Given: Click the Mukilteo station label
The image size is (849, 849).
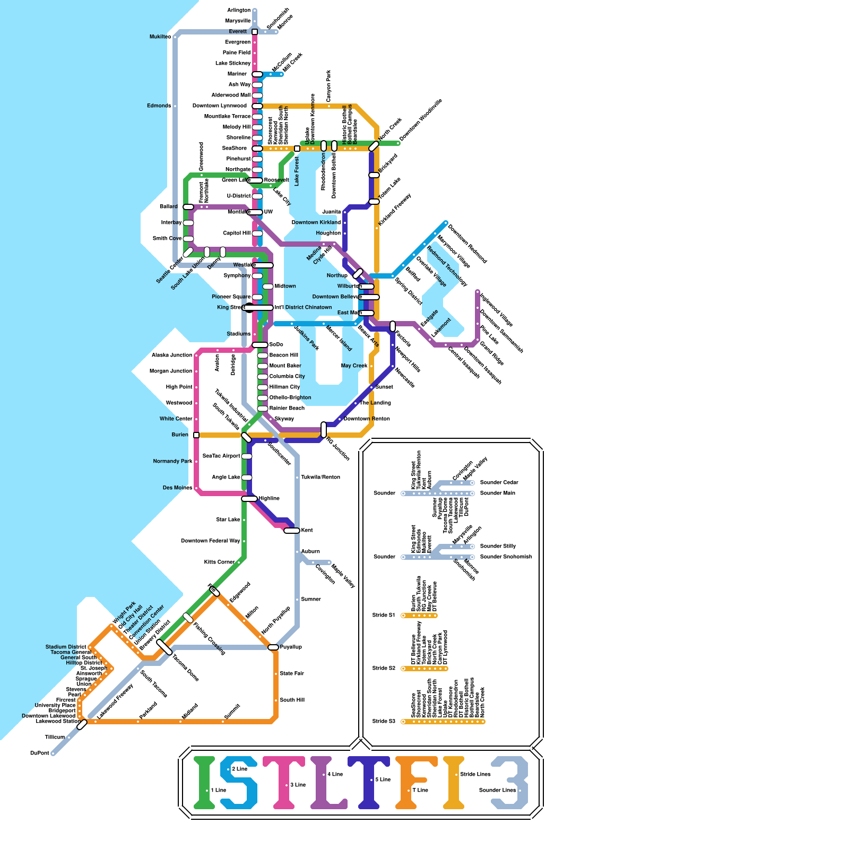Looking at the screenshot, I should pyautogui.click(x=160, y=37).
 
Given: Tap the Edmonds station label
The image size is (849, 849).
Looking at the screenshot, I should pyautogui.click(x=159, y=106).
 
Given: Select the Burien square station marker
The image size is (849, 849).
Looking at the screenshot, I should pyautogui.click(x=196, y=435).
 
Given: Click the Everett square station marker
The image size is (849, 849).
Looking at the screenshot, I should pyautogui.click(x=255, y=32).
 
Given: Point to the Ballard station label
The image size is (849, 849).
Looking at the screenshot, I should pyautogui.click(x=169, y=207).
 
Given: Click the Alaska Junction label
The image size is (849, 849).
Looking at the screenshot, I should pyautogui.click(x=172, y=356).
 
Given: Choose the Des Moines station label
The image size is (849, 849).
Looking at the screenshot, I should pyautogui.click(x=177, y=488).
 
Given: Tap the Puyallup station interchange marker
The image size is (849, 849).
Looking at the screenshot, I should pyautogui.click(x=273, y=647).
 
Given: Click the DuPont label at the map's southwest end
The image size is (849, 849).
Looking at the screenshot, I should pyautogui.click(x=40, y=753).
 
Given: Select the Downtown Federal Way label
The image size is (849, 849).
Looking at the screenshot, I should pyautogui.click(x=210, y=541).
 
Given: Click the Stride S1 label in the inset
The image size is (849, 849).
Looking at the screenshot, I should pyautogui.click(x=384, y=616).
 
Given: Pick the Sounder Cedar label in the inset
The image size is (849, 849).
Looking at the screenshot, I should pyautogui.click(x=499, y=483).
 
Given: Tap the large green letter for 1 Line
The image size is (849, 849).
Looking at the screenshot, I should pyautogui.click(x=204, y=783).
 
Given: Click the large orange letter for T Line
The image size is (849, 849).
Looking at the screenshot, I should pyautogui.click(x=411, y=783).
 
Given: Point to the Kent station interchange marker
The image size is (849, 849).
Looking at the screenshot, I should pyautogui.click(x=292, y=531).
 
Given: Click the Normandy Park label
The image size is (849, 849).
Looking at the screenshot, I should pyautogui.click(x=172, y=462).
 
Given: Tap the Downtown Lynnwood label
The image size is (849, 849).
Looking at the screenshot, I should pyautogui.click(x=219, y=106).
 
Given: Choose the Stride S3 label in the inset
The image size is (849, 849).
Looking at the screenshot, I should pyautogui.click(x=384, y=722).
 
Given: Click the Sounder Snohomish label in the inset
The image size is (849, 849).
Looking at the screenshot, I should pyautogui.click(x=506, y=557).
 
